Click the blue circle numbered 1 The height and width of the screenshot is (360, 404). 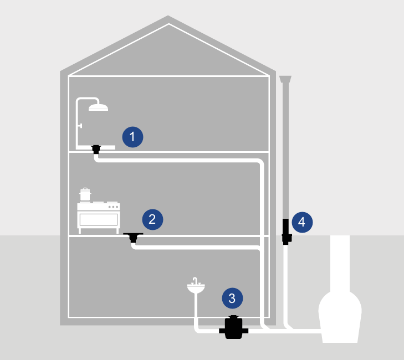click(x=132, y=137)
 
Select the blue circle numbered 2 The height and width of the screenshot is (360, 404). click(x=152, y=219)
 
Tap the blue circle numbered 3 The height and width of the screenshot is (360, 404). click(x=232, y=298)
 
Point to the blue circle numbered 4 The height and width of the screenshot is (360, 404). click(x=302, y=222)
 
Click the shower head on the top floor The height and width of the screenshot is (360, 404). click(x=98, y=107)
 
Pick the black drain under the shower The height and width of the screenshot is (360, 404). click(x=96, y=150)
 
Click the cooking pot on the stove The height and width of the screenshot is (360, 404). click(x=85, y=194)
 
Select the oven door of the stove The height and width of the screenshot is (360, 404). click(x=99, y=219)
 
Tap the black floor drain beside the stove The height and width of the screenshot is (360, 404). click(x=133, y=238)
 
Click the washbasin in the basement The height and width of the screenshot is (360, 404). click(x=196, y=288)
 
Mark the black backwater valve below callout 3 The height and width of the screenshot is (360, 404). click(x=234, y=327)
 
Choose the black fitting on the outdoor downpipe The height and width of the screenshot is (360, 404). click(x=287, y=232)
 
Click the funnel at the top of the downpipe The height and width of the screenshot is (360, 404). click(x=285, y=79)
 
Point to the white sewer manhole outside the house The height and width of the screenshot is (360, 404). click(x=340, y=289)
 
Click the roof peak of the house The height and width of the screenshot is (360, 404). click(x=168, y=16)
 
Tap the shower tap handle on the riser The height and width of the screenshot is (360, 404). click(x=80, y=126)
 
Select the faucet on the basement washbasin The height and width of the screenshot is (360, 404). click(x=195, y=281)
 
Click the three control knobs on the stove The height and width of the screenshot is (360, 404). click(x=113, y=207)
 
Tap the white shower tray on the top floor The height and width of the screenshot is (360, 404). click(x=95, y=147)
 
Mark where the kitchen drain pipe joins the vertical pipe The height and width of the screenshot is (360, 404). click(x=261, y=250)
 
